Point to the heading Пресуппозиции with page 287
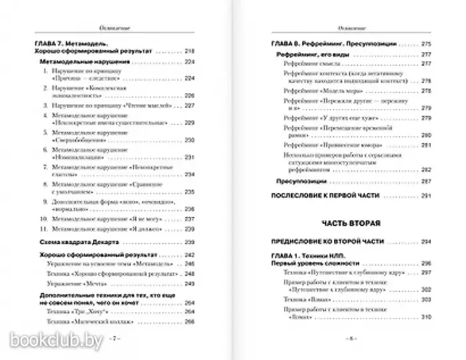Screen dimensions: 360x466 (x=302, y=181)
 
